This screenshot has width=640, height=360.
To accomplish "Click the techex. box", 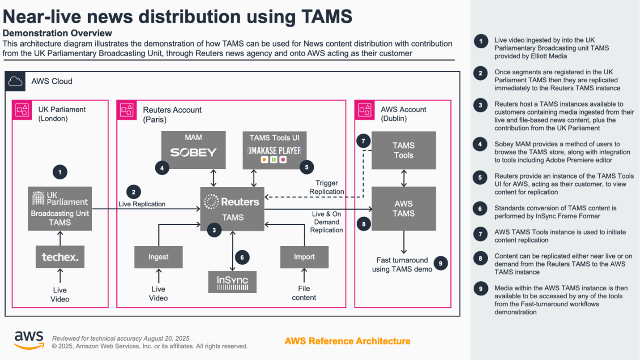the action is click(x=60, y=257).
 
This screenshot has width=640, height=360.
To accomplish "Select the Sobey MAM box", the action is click(x=193, y=150).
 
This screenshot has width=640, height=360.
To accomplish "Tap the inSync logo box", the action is click(x=232, y=282).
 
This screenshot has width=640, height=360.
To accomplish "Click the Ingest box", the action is click(x=158, y=257).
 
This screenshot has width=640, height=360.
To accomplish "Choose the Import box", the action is click(x=304, y=257).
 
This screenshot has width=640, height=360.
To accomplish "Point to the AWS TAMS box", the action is click(x=404, y=209).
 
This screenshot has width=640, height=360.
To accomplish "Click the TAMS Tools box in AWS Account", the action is click(x=404, y=150).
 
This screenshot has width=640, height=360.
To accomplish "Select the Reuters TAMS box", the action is click(x=232, y=209).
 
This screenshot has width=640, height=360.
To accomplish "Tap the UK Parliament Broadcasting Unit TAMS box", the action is click(x=60, y=209).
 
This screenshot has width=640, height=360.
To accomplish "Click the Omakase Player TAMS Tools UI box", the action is click(x=274, y=150).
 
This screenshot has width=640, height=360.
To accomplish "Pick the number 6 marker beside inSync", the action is click(x=242, y=257).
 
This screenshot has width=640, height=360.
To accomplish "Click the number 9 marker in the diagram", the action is click(x=440, y=263).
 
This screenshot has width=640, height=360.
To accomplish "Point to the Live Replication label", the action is click(x=142, y=204).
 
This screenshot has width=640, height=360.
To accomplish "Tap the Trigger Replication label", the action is click(x=327, y=187).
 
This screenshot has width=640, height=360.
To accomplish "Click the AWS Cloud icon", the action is click(x=15, y=81).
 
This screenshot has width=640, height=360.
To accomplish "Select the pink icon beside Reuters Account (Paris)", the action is click(x=127, y=110).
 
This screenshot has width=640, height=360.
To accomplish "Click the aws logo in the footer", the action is click(x=29, y=340).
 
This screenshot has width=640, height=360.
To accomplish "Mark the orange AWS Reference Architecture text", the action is click(x=347, y=341).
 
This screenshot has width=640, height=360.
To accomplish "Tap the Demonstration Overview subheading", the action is click(x=57, y=33).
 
